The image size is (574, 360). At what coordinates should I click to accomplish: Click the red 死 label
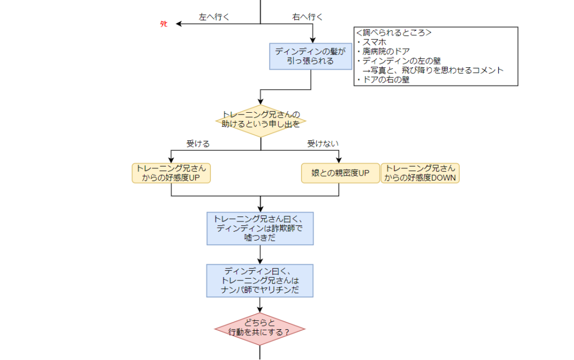(164, 24)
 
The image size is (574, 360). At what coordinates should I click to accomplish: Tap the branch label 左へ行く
(214, 17)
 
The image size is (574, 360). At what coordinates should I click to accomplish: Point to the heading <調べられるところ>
(394, 33)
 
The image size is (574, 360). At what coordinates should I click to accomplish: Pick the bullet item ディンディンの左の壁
(397, 61)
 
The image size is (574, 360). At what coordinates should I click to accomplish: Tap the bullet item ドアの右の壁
(386, 80)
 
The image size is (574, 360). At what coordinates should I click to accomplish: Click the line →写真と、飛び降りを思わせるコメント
(432, 70)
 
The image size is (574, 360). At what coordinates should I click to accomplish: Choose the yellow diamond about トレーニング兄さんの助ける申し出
(261, 120)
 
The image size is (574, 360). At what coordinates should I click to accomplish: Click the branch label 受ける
(198, 144)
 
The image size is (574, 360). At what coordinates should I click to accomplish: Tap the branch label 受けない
(323, 144)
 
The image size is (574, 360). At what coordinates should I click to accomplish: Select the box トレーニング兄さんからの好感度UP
(171, 173)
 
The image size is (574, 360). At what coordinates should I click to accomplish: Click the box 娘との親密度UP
(340, 173)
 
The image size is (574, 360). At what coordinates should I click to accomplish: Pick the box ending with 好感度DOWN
(420, 173)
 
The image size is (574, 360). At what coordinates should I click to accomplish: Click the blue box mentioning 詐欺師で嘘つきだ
(260, 228)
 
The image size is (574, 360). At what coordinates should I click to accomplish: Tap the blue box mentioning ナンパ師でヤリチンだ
(260, 280)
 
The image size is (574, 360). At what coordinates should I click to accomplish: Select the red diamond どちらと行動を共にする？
(260, 328)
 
